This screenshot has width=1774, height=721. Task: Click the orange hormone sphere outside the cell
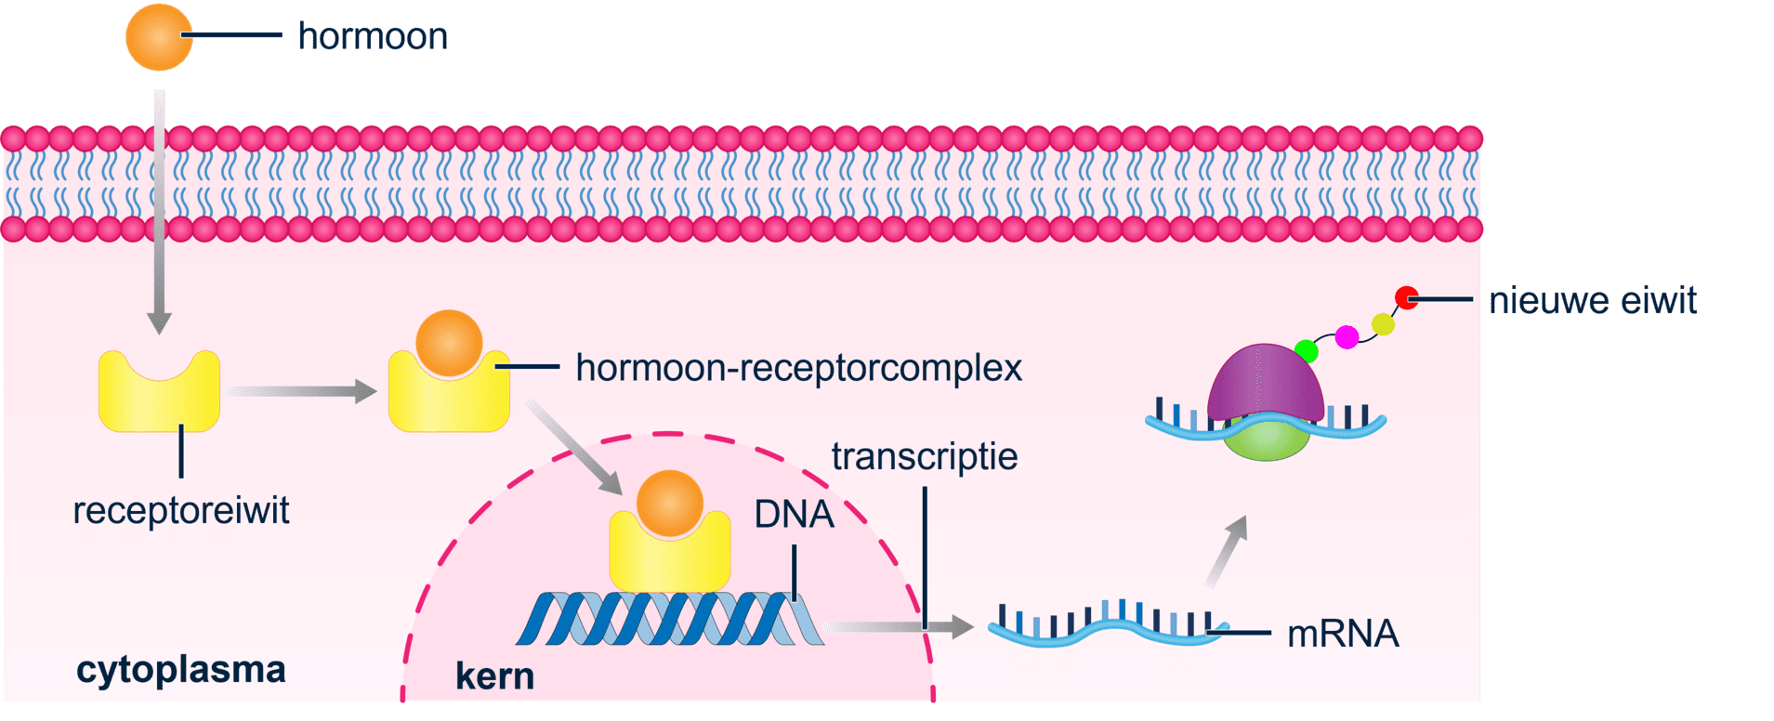coord(159,37)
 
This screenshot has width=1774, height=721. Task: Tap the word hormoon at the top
coord(373,37)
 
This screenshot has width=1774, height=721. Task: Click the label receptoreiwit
coord(181,510)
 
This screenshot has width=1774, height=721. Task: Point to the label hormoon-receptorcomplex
coord(798,368)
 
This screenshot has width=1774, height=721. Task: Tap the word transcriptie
coord(925,457)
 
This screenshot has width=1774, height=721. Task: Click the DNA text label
coord(794,514)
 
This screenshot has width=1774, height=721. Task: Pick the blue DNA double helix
coord(669,619)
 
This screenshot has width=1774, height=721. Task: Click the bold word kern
coord(494,676)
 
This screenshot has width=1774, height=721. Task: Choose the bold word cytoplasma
coord(181,670)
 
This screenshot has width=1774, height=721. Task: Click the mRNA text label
coord(1343,634)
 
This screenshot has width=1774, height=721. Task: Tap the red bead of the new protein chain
coord(1406,297)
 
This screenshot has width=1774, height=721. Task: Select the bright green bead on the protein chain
coord(1307,350)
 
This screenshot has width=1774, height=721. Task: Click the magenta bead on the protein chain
coord(1347,336)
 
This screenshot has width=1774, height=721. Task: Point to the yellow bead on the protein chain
coord(1383,324)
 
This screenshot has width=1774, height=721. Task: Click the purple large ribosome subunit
coord(1266,381)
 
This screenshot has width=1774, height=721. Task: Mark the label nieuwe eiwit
coord(1593,301)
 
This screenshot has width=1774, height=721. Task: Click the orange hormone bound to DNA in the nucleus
coord(669,503)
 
